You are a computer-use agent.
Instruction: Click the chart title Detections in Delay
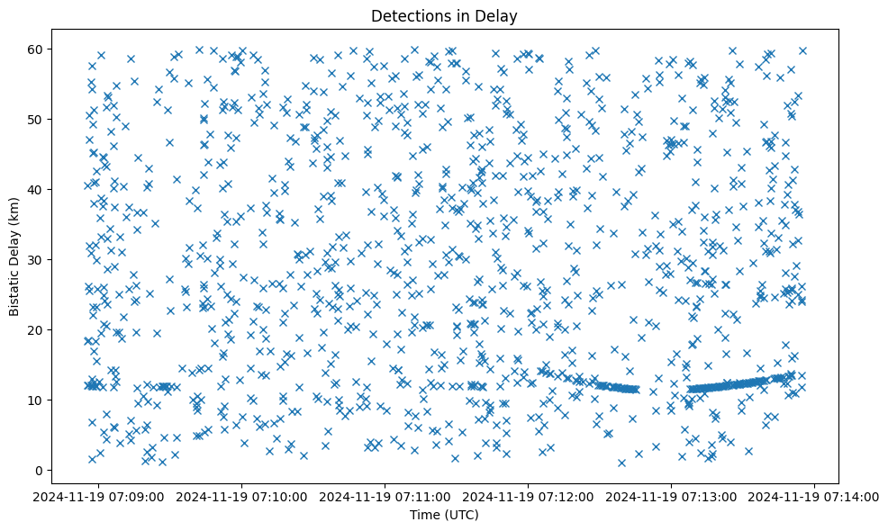pyautogui.click(x=444, y=15)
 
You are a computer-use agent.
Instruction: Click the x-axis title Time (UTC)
pyautogui.click(x=444, y=515)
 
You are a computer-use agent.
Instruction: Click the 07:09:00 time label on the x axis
pyautogui.click(x=99, y=496)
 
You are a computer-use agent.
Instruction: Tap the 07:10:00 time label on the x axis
pyautogui.click(x=242, y=496)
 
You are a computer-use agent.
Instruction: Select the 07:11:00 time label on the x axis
pyautogui.click(x=385, y=496)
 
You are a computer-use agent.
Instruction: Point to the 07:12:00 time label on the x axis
pyautogui.click(x=529, y=496)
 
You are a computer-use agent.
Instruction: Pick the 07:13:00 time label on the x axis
pyautogui.click(x=672, y=496)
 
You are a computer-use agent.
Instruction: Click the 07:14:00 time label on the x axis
pyautogui.click(x=815, y=496)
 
